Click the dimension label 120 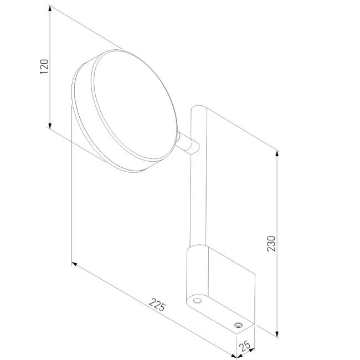coord(44,66)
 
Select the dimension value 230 coord(271,244)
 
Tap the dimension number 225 coord(157,305)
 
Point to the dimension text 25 coord(244,346)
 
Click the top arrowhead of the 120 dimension coord(50,8)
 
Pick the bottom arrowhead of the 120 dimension coord(50,126)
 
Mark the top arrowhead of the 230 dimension coord(277,155)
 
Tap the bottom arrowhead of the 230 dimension coord(277,334)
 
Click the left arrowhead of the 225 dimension coord(75,264)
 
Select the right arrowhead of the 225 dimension coord(233,356)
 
